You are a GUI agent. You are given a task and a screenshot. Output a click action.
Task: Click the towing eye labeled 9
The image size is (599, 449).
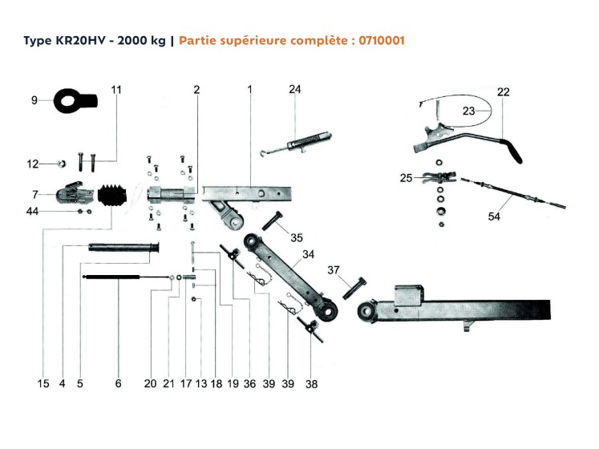point(75,101)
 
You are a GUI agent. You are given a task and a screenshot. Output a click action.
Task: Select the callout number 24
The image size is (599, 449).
point(294,90)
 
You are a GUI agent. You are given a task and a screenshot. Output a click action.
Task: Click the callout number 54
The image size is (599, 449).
point(494,216)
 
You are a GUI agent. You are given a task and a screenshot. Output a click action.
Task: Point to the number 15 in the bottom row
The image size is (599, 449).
point(43,384)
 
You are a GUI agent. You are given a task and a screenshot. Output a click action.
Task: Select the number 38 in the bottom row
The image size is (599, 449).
point(311,384)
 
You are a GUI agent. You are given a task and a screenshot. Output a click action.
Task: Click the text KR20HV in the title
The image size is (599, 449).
point(78,39)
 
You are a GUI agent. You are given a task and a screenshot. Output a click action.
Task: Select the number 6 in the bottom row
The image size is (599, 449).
point(118,384)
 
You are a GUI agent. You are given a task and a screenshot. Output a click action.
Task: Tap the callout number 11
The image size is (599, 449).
point(117,90)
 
